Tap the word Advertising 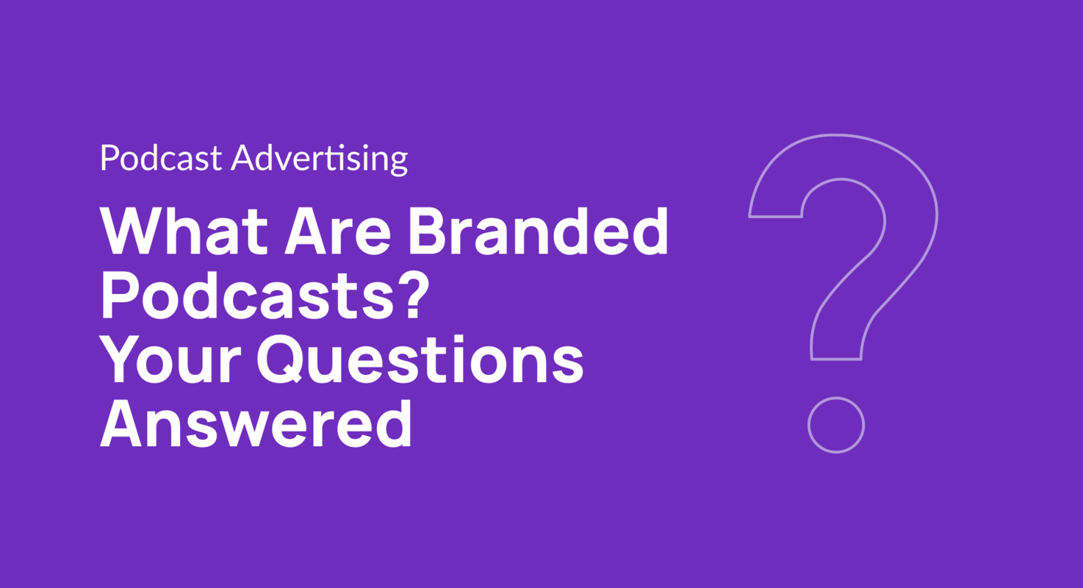pos(319,159)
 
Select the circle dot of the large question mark pos(835,425)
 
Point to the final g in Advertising pos(397,162)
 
